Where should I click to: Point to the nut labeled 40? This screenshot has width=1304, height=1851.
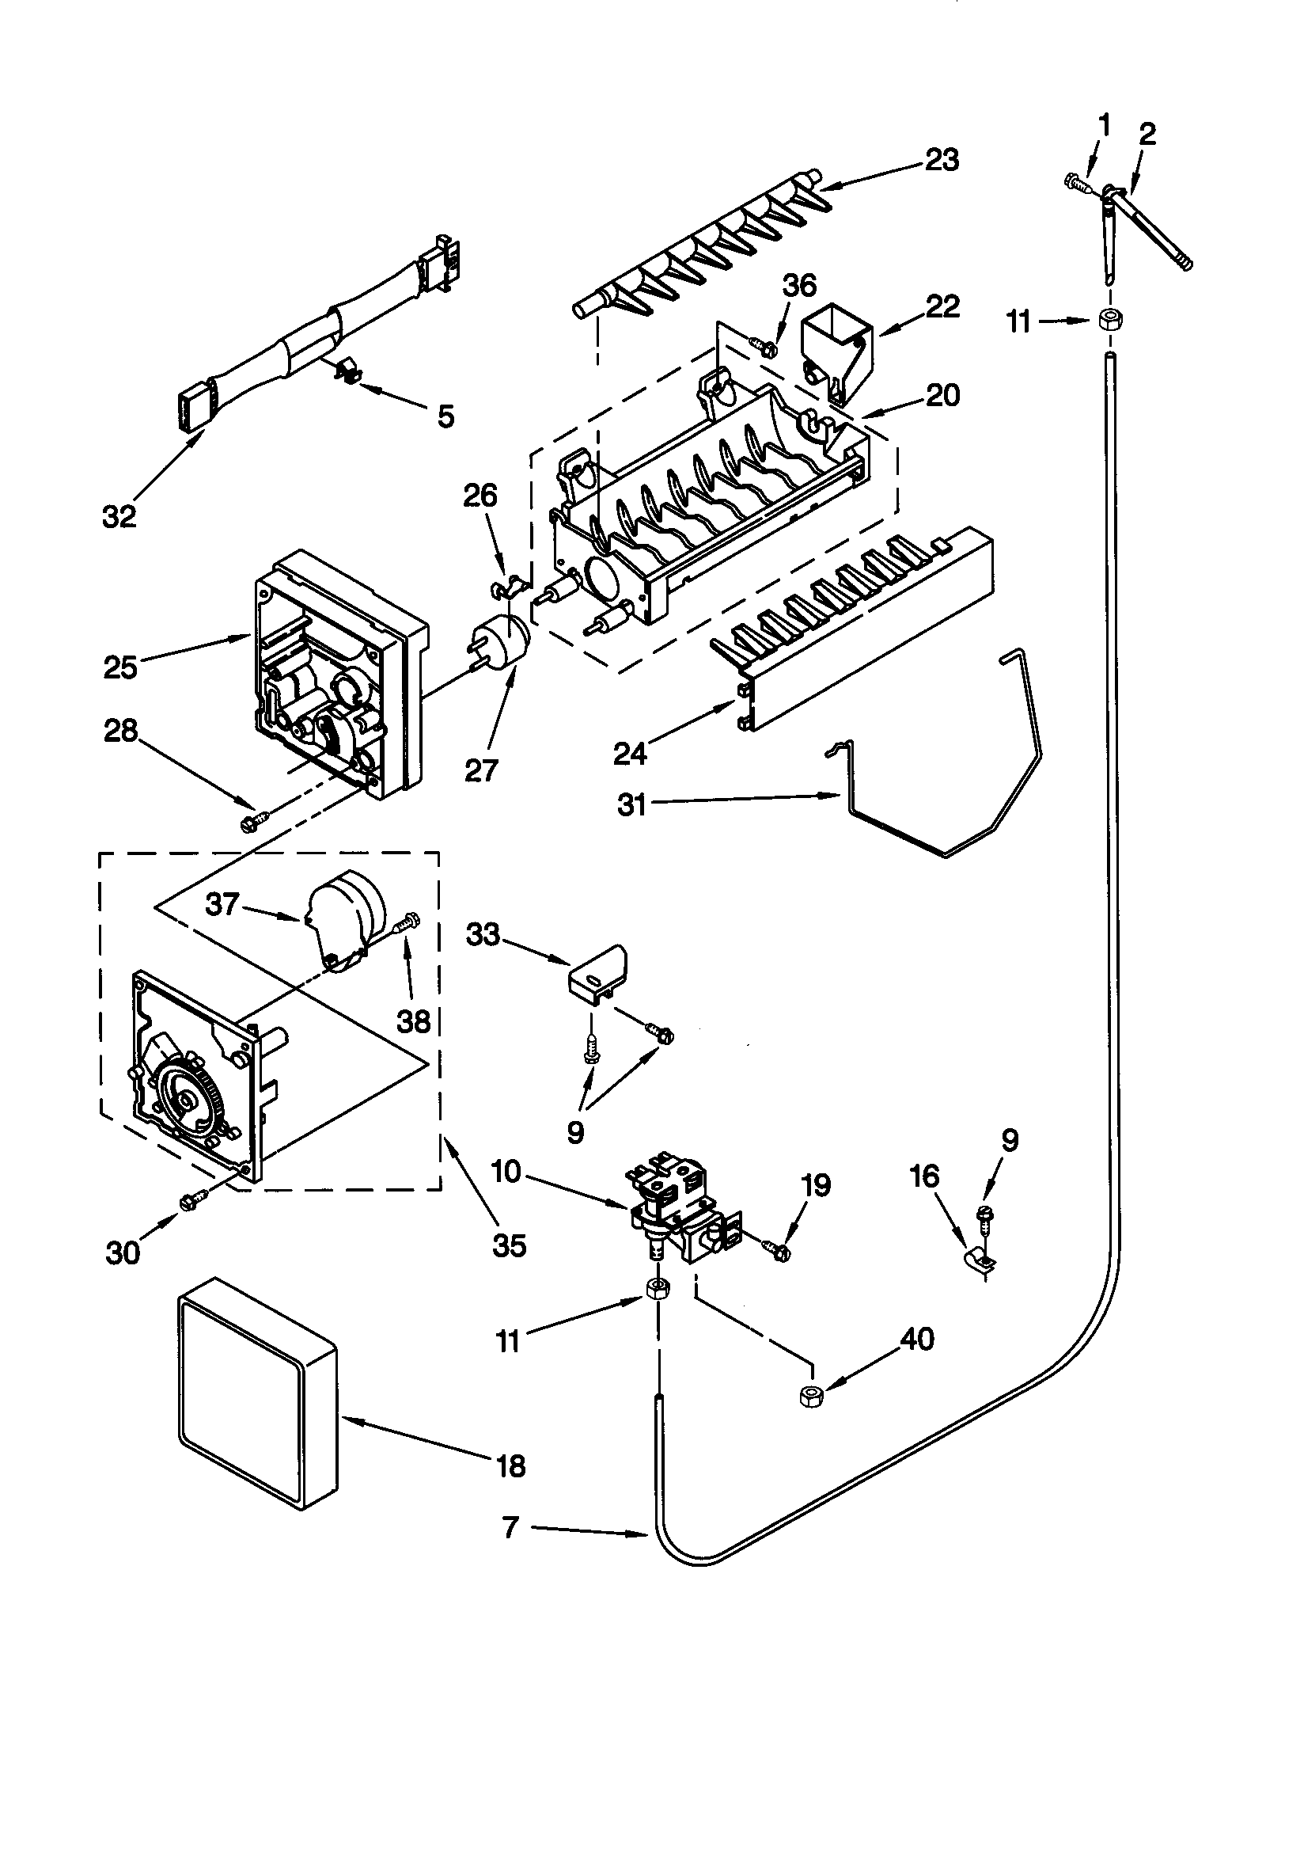(x=810, y=1397)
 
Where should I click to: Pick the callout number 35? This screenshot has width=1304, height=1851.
(x=510, y=1245)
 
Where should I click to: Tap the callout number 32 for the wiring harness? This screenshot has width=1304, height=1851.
(x=119, y=516)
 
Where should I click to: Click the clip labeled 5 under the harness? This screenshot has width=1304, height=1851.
(x=347, y=369)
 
